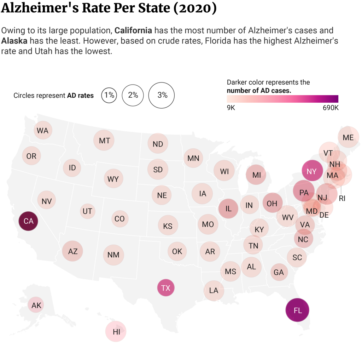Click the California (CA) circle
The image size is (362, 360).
coord(28,221)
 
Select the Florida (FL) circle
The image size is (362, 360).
coord(297,310)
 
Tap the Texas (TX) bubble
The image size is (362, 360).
coord(166,288)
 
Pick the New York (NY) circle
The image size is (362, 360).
coord(312,171)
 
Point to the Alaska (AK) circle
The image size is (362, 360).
coord(36,305)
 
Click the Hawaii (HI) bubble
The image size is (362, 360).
coord(116,332)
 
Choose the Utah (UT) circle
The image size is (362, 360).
coord(87,211)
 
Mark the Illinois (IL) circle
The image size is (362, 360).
coord(228,208)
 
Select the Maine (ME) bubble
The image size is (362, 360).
coord(348,137)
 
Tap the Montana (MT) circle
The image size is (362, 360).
coord(104,141)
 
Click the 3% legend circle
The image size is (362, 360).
coord(162,95)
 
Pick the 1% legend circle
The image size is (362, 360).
coord(109,95)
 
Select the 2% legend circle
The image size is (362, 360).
coord(133,95)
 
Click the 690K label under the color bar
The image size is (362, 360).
coord(331,107)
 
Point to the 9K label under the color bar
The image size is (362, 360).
coord(231,107)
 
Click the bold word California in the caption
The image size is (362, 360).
coord(133,30)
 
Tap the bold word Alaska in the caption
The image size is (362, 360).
coord(14,41)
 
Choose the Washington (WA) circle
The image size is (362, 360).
coord(42,130)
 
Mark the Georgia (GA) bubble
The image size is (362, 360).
coord(279,272)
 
